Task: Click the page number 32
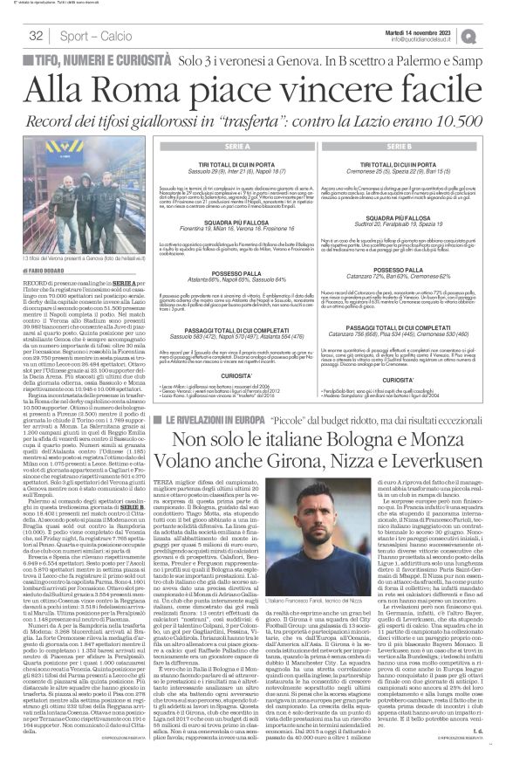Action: coord(37,36)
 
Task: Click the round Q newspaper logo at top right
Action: coord(495,35)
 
